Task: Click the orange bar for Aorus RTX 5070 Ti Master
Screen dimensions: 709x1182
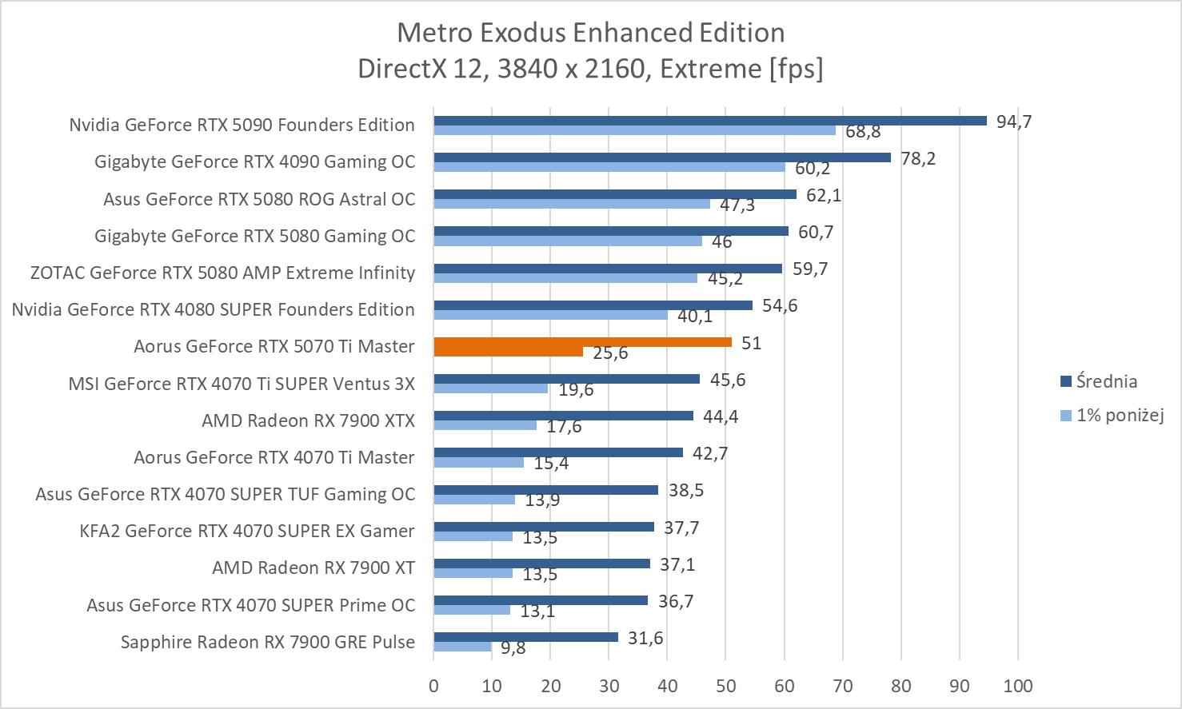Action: (582, 342)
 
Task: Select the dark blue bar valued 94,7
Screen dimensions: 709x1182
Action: (710, 121)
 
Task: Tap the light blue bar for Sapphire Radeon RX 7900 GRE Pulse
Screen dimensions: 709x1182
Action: (462, 647)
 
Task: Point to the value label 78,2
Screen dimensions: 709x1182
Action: (917, 158)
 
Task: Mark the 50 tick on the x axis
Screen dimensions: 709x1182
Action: (725, 686)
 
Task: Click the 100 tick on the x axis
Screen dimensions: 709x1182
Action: (1017, 686)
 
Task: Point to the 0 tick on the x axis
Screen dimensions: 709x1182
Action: (433, 686)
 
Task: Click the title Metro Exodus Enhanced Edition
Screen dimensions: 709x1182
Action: (590, 33)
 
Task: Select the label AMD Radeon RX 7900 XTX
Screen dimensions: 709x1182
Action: (308, 420)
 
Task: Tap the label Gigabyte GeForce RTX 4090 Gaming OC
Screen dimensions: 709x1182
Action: (254, 162)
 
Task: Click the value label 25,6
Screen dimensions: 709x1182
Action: (610, 353)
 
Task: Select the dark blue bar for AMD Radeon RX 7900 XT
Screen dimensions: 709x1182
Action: (541, 564)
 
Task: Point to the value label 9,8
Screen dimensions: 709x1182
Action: (513, 648)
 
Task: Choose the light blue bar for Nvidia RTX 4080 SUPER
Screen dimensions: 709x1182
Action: (550, 315)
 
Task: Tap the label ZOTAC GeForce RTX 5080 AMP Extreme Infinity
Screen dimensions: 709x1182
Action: (222, 273)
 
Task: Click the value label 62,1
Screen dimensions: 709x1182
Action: (823, 195)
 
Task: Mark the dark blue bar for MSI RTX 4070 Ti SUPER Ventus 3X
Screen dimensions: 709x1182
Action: (566, 379)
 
